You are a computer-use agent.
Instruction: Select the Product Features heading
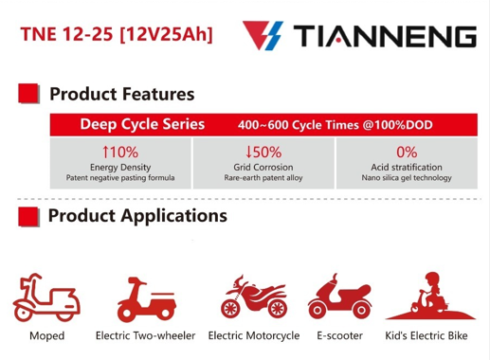[x=121, y=94]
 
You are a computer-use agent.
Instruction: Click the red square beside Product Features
[x=28, y=94]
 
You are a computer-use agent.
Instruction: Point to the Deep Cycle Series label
[x=142, y=124]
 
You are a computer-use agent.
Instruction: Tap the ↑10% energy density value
[x=120, y=152]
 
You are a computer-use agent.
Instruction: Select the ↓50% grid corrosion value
[x=263, y=152]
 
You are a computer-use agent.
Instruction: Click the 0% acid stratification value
[x=407, y=152]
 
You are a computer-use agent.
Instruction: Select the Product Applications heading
[x=137, y=216]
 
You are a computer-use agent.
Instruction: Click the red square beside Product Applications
[x=28, y=216]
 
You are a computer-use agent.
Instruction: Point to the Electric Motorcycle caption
[x=253, y=335]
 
